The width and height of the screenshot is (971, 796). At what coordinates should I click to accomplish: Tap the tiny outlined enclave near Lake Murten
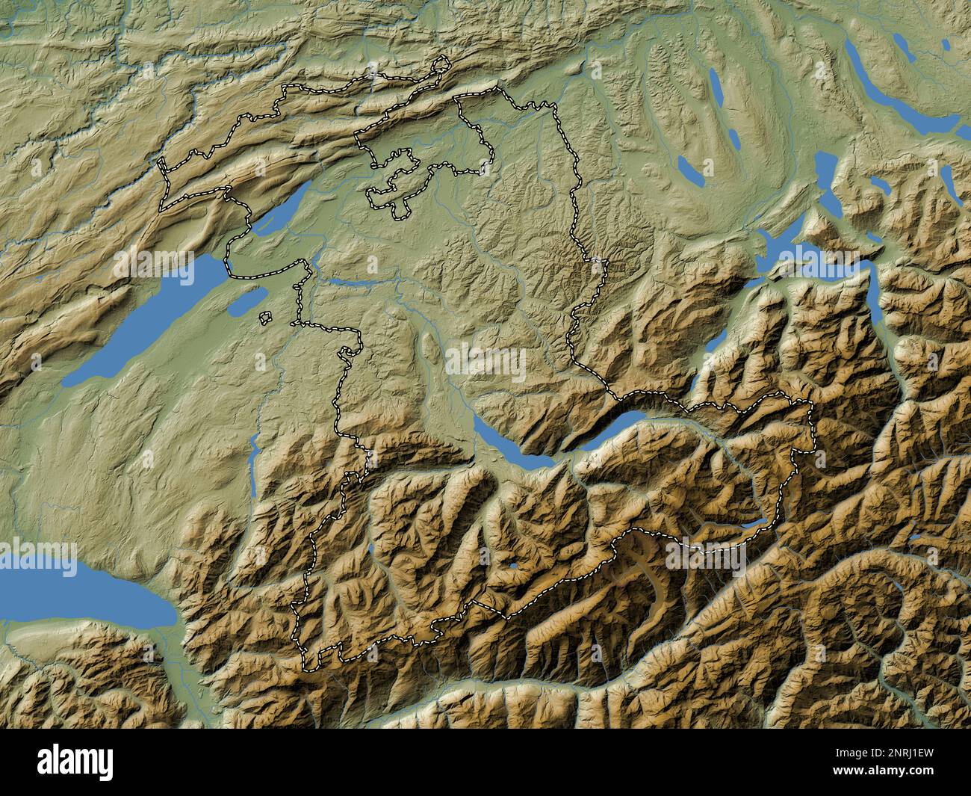coord(265,318)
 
